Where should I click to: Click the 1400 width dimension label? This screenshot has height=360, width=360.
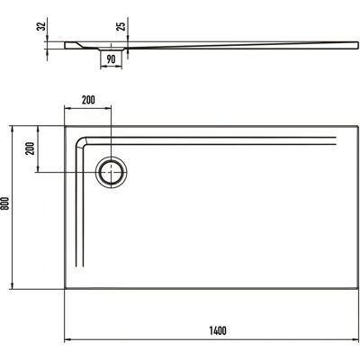(218, 330)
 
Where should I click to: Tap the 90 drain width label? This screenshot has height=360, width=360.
(111, 59)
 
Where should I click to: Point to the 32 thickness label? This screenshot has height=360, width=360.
(41, 26)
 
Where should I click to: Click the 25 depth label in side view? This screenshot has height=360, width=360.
(121, 26)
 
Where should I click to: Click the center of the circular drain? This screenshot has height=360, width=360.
(112, 172)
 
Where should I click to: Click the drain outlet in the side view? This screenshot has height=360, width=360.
(111, 49)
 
